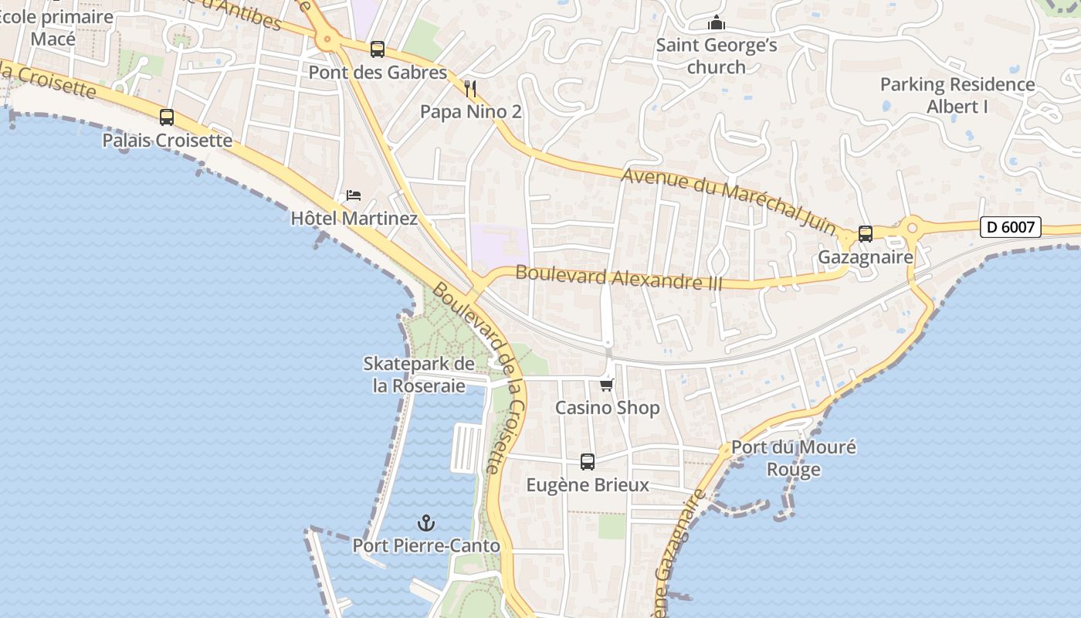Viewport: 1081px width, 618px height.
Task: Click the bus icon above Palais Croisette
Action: (167, 117)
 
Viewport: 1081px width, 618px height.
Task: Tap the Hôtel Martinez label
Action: (354, 219)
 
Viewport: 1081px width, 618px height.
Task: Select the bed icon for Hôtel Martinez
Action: (354, 195)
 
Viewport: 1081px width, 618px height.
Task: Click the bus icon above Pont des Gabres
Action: (378, 49)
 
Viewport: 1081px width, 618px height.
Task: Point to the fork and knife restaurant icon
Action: (470, 89)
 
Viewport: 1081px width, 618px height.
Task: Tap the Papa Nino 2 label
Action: (470, 112)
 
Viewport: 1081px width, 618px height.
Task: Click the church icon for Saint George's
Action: (717, 23)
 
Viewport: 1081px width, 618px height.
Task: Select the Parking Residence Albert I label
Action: (957, 95)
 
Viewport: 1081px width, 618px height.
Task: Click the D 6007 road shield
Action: (1011, 227)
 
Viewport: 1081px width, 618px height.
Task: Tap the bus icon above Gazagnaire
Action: (866, 233)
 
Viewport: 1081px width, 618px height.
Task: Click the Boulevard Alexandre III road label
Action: (618, 277)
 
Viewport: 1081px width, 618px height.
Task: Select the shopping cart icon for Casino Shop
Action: (607, 385)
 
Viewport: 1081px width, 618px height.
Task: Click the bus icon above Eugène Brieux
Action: (588, 462)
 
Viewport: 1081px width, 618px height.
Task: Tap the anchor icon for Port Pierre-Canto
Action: (426, 523)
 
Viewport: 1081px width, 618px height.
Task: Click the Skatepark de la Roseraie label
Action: (419, 375)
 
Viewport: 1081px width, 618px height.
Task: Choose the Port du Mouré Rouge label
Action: (794, 458)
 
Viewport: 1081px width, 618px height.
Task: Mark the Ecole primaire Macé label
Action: (56, 27)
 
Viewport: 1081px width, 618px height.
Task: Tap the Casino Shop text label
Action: (608, 408)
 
